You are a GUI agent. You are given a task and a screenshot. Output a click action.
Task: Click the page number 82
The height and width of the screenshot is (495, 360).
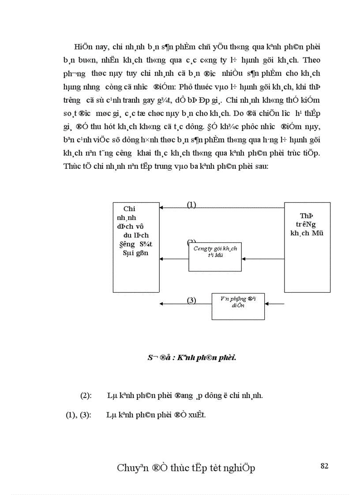click(324, 466)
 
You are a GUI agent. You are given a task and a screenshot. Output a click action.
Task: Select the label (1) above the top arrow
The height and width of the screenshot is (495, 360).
click(191, 205)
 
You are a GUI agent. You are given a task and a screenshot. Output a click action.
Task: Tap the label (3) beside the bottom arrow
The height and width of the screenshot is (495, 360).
click(191, 300)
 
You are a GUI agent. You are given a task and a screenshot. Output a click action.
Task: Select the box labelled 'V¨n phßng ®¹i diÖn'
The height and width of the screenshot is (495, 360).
click(238, 306)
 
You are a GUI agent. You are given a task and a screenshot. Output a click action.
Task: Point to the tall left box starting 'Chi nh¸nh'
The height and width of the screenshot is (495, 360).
click(136, 247)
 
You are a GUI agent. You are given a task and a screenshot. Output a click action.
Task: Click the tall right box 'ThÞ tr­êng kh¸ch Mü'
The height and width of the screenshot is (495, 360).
click(307, 247)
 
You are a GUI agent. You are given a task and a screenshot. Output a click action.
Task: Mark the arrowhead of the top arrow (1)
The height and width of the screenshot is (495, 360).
click(161, 207)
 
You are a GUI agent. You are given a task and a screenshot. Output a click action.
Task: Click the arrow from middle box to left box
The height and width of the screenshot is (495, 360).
click(174, 259)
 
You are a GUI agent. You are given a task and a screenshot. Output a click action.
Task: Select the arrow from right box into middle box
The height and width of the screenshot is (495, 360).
click(263, 259)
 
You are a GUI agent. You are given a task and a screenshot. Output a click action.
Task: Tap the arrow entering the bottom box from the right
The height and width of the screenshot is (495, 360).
click(274, 303)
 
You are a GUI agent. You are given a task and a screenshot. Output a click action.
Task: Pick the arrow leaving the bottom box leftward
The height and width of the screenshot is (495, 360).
click(185, 303)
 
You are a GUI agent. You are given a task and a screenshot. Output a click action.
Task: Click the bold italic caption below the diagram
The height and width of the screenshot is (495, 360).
click(192, 357)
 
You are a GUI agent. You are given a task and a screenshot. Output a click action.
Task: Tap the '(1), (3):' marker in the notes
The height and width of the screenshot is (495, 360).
click(78, 415)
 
